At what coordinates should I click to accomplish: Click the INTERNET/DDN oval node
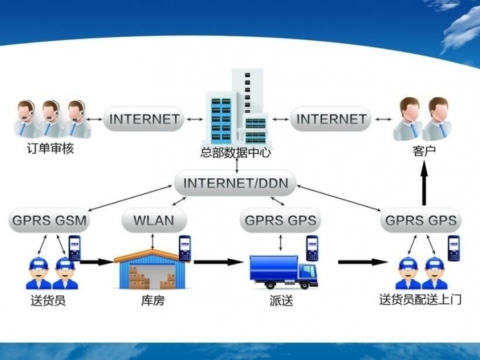click(236, 184)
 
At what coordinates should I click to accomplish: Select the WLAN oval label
click(154, 221)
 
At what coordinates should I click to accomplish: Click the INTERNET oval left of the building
click(145, 119)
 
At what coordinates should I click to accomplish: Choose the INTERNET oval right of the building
click(331, 119)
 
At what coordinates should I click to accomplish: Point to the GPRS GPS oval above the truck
click(281, 221)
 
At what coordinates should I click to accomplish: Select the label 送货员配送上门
click(420, 300)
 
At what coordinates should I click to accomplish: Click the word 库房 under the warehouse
click(152, 300)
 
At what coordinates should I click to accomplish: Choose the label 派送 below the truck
click(282, 300)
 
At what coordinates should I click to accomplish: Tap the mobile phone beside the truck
click(312, 248)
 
